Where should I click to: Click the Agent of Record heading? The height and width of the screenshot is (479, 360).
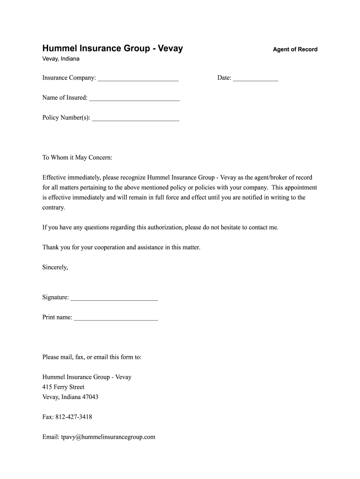[295, 49]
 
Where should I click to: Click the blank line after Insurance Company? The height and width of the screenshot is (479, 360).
[138, 79]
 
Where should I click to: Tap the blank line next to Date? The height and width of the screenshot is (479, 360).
[255, 79]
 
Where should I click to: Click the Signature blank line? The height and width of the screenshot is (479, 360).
[114, 298]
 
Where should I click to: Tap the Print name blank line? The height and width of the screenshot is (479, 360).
[116, 319]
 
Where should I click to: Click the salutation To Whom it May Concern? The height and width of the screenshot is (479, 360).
[77, 158]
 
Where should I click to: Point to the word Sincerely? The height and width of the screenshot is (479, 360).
[55, 267]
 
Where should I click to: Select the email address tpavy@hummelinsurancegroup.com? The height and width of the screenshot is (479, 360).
[108, 437]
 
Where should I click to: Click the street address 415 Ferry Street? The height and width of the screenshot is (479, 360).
[63, 387]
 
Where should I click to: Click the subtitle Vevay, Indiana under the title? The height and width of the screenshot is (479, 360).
[61, 59]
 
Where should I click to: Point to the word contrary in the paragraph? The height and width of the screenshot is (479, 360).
[53, 207]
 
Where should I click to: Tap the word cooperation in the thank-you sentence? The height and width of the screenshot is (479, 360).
[115, 247]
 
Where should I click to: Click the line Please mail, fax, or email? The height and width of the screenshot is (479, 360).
[92, 357]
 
